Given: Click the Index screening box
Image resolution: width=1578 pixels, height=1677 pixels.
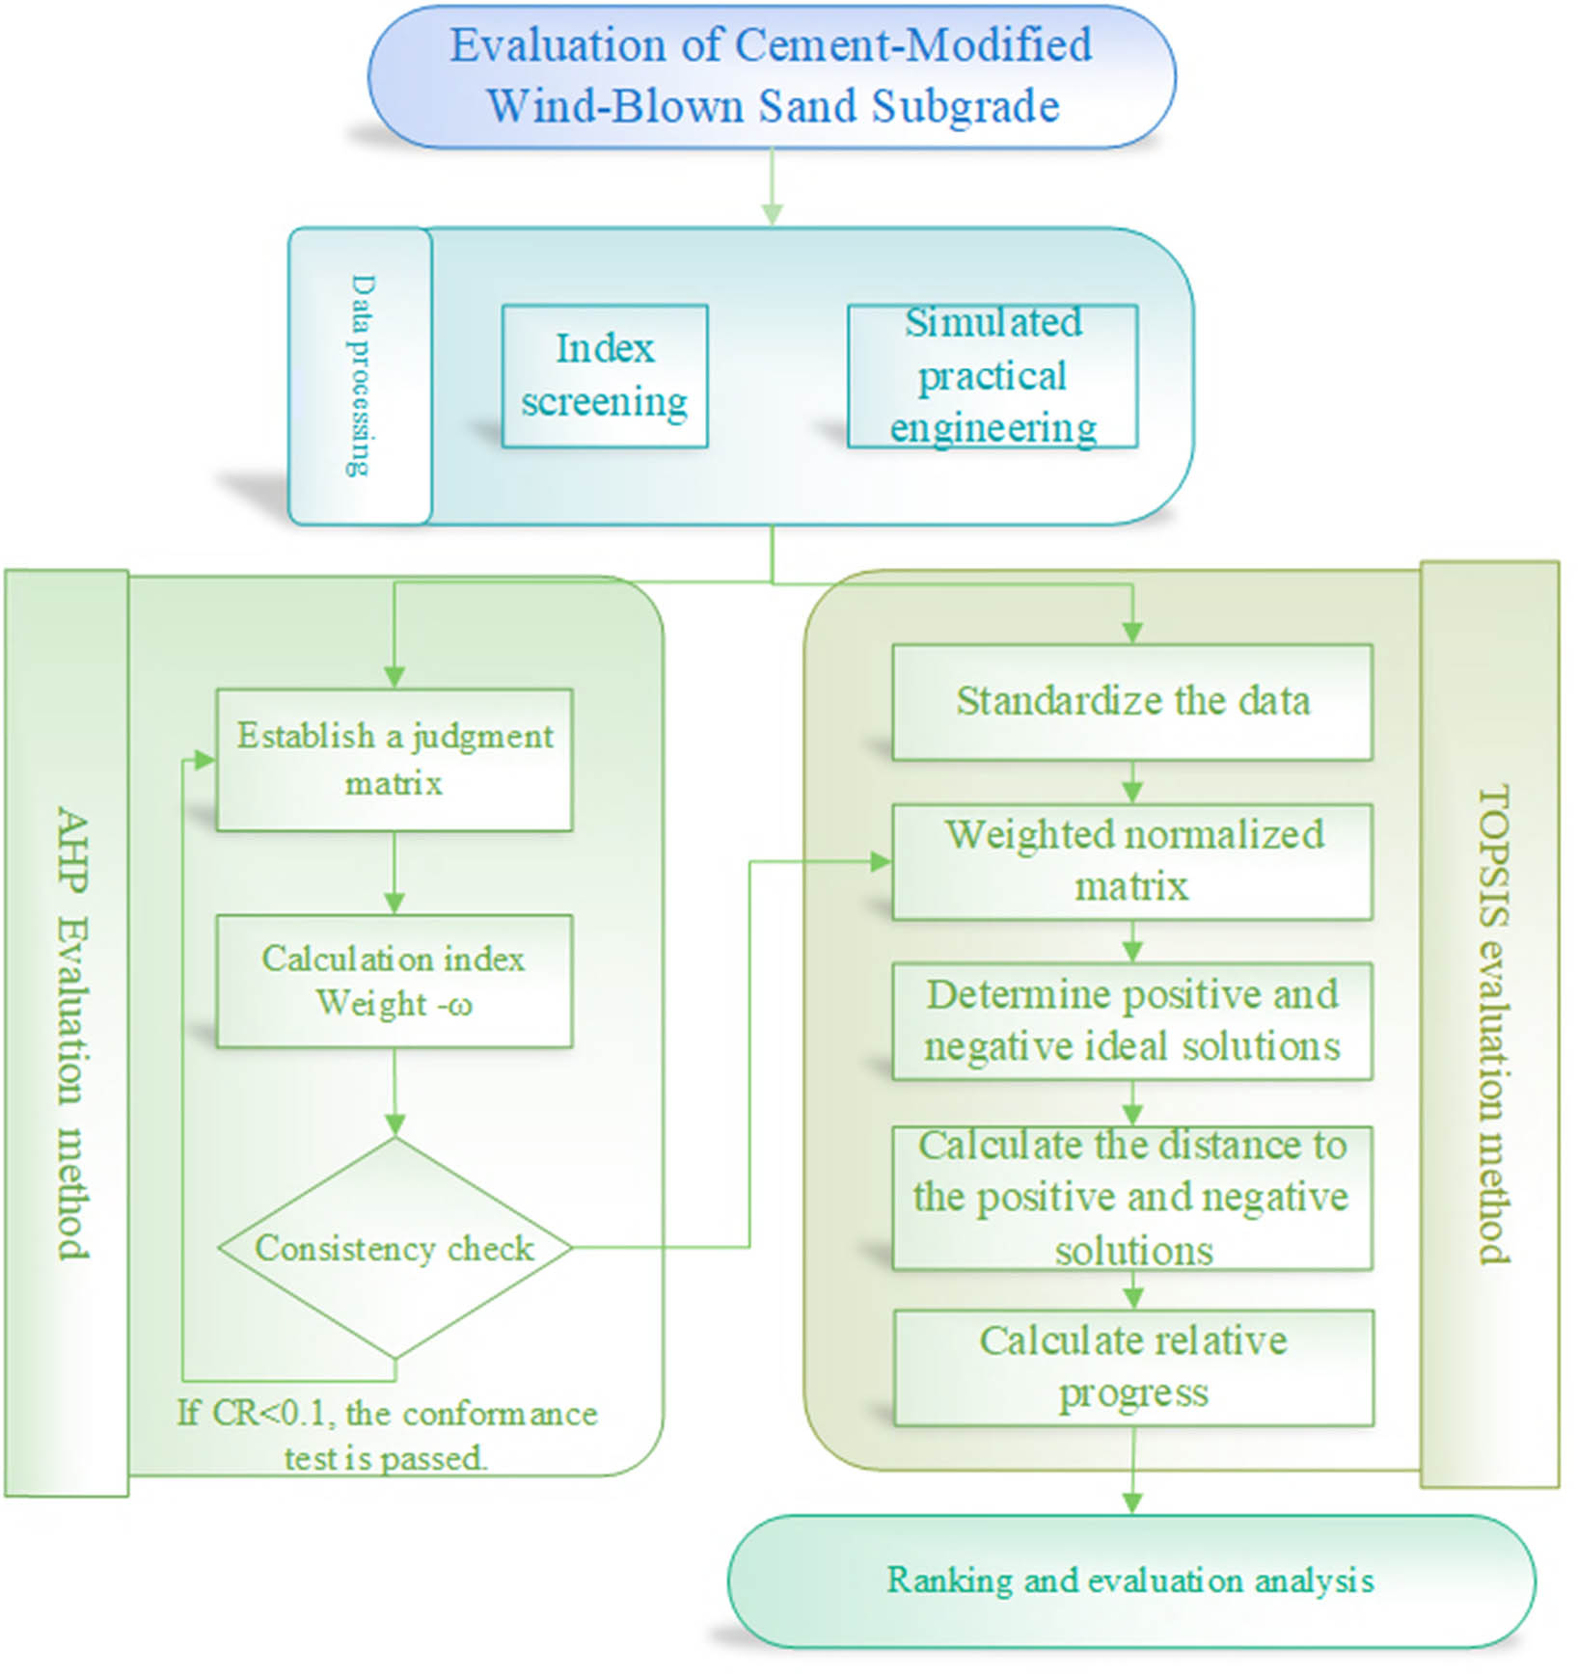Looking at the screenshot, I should point(605,376).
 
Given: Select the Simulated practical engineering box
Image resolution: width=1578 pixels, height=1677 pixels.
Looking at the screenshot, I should point(993,376).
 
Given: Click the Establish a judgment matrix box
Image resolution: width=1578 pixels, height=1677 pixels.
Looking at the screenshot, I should point(394,760).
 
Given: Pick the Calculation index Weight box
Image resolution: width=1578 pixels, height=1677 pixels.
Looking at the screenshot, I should point(394,981).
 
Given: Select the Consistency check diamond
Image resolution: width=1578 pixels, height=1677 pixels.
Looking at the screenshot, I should point(394,1248).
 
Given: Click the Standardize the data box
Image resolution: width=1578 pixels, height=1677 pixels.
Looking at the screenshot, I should point(1132,701).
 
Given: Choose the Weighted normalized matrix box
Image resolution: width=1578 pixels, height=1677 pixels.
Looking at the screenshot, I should point(1132,860).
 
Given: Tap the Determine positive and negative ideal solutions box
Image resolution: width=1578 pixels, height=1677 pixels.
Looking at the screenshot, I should point(1132,1020).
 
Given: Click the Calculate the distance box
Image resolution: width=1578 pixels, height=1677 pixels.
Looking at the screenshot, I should point(1132,1198).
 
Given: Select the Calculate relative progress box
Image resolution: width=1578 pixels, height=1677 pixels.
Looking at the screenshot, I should point(1133,1366).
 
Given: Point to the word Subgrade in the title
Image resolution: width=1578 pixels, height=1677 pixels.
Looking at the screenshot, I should point(966,106).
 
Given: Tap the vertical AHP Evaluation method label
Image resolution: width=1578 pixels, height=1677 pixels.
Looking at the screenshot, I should point(72,1032).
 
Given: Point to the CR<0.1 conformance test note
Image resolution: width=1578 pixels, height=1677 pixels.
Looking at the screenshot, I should point(387,1435).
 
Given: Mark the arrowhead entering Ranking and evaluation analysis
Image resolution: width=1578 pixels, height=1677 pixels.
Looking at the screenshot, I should point(1132,1502).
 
